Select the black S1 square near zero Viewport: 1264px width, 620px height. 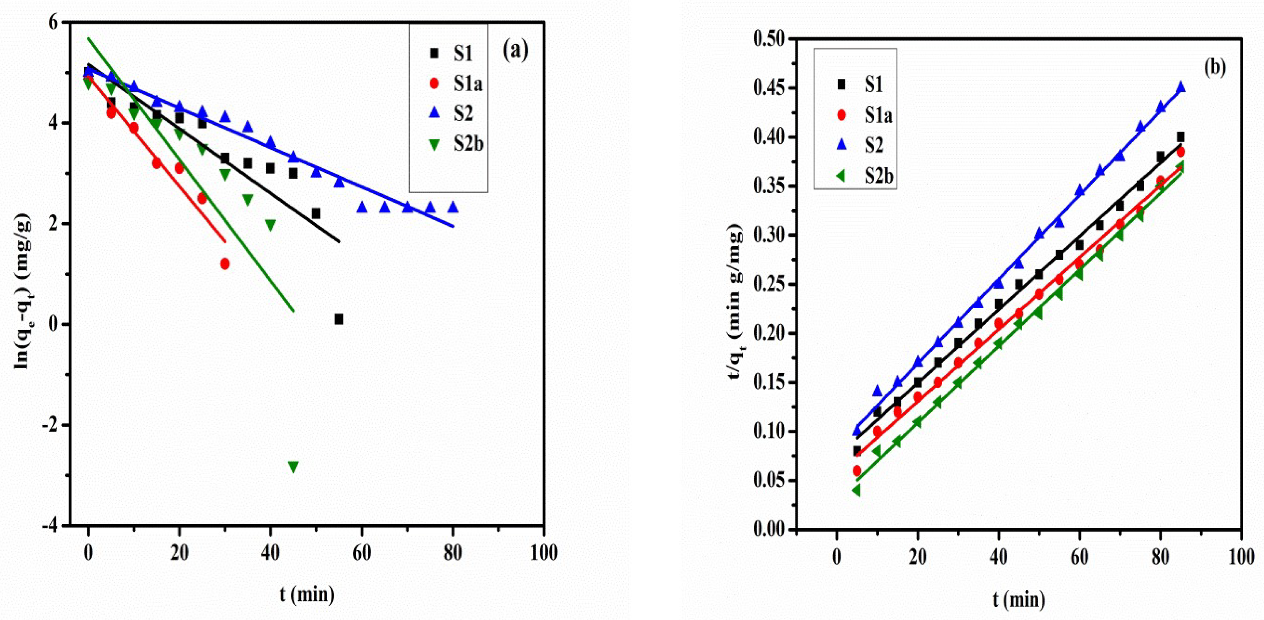338,319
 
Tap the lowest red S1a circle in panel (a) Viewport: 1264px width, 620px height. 225,264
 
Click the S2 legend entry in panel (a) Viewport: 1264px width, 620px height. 463,113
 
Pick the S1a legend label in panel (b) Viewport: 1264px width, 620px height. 878,115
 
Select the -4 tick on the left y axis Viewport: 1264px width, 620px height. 53,525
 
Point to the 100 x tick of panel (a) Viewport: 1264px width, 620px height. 544,553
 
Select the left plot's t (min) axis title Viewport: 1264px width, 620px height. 307,594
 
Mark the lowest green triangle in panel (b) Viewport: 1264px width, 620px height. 857,490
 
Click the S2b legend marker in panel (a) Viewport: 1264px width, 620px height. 434,144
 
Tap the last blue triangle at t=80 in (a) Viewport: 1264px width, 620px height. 453,207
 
